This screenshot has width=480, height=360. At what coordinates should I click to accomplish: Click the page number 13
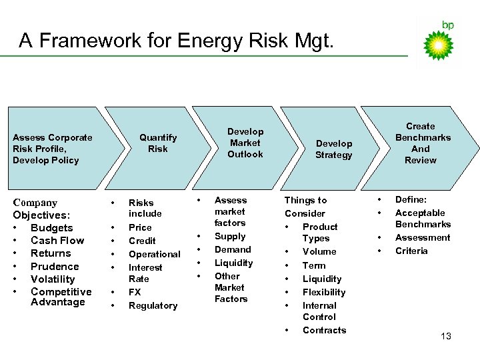(x=446, y=336)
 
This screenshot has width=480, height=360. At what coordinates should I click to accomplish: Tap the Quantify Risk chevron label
(x=158, y=143)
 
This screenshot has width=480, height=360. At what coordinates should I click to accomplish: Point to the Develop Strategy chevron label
(x=333, y=149)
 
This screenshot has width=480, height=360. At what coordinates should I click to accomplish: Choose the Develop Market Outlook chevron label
(x=245, y=143)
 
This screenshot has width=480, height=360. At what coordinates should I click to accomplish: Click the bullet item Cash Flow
(x=57, y=241)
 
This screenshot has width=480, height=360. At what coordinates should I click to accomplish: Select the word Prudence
(x=55, y=266)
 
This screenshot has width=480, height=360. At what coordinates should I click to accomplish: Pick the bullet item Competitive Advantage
(x=61, y=297)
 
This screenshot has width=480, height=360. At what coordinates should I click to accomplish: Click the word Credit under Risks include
(x=142, y=241)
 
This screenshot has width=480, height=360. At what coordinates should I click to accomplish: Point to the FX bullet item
(x=135, y=292)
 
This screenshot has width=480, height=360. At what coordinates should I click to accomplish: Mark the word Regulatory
(x=153, y=305)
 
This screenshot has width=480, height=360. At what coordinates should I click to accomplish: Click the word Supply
(x=230, y=236)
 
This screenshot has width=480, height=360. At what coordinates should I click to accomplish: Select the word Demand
(x=233, y=249)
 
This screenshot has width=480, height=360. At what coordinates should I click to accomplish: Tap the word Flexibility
(x=324, y=292)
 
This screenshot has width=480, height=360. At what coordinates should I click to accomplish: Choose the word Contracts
(x=324, y=330)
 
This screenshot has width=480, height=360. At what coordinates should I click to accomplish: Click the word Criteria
(x=411, y=251)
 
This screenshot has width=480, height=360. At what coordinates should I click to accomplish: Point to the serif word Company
(x=35, y=203)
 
